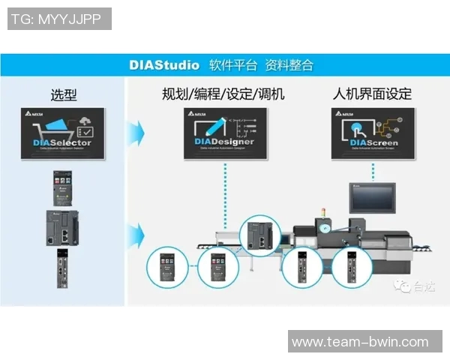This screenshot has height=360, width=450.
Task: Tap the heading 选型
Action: (x=63, y=94)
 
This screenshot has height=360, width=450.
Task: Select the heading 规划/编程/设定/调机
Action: (x=223, y=94)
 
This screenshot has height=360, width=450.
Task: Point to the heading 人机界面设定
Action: (x=373, y=94)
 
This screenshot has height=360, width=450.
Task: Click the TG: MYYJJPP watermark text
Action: (x=58, y=19)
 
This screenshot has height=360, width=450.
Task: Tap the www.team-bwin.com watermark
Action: (x=360, y=342)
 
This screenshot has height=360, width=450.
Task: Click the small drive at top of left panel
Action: (x=62, y=187)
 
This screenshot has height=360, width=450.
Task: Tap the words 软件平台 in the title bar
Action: (x=233, y=64)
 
